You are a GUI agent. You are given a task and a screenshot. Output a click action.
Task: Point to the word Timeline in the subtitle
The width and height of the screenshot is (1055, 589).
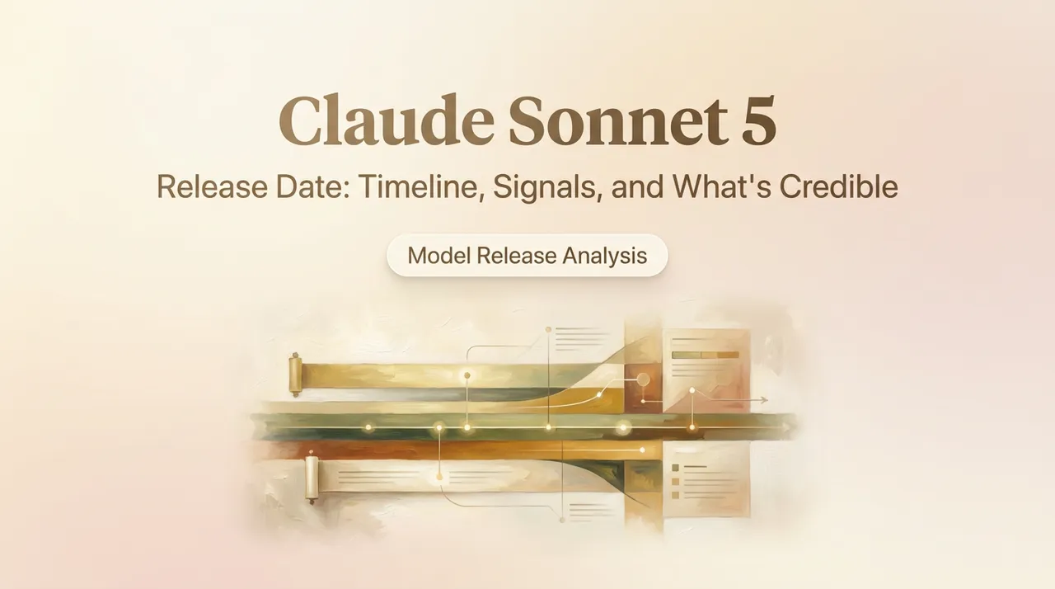click(422, 187)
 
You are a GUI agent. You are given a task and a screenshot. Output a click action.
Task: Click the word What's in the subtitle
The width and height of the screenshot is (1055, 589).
click(722, 186)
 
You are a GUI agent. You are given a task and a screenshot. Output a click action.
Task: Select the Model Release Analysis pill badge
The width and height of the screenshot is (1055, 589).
click(527, 256)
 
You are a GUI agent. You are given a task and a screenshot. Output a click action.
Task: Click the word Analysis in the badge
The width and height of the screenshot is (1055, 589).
click(605, 257)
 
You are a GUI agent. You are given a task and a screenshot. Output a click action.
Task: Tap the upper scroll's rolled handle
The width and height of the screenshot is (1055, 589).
click(295, 375)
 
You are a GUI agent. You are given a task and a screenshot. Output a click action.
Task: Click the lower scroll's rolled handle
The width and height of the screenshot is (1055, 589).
click(312, 478)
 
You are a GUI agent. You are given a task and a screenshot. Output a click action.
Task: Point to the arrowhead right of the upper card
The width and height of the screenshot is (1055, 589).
click(763, 400)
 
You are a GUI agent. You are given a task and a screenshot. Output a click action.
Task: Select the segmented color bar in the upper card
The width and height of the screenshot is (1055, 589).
click(705, 355)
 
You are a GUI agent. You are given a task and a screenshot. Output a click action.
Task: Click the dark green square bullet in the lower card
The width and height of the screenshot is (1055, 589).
click(675, 468)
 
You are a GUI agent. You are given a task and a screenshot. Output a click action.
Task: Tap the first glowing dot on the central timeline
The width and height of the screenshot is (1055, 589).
click(368, 427)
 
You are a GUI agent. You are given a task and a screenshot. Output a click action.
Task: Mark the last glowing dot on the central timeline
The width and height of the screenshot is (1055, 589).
click(692, 427)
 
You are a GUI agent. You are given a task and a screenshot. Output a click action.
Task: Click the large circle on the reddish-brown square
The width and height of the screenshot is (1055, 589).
click(643, 379)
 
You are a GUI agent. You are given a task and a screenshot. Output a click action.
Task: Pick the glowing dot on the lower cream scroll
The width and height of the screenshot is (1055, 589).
click(439, 477)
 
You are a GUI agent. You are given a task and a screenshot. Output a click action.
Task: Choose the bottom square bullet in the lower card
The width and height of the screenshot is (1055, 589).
click(675, 495)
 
